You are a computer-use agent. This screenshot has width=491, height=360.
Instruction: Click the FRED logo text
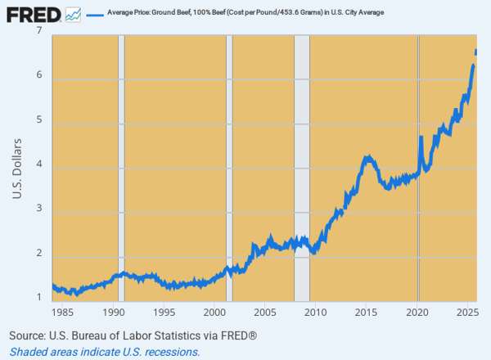(32, 14)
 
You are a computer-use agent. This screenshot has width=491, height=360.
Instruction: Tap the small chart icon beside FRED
(74, 14)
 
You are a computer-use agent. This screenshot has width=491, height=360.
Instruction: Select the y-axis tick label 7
(40, 32)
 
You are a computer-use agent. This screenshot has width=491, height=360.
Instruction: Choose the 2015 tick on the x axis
(366, 313)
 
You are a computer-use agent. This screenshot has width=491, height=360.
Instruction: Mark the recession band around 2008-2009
(302, 164)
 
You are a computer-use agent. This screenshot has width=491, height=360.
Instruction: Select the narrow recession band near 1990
(122, 164)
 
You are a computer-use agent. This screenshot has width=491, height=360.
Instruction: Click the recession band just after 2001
(229, 164)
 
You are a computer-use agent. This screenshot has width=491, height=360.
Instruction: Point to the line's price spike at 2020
(421, 137)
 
